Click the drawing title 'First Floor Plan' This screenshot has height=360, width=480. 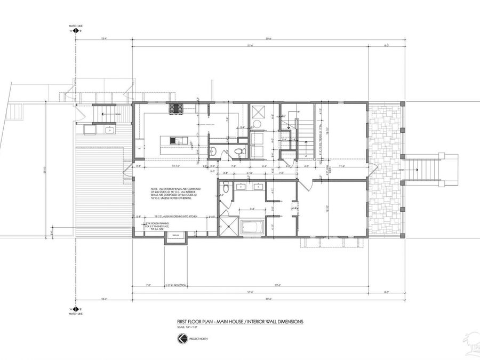[x=239, y=322]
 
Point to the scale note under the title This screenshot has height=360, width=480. [x=187, y=327]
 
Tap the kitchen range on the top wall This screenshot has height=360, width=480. [x=175, y=109]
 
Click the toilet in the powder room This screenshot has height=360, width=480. [x=238, y=152]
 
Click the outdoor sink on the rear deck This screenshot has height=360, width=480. [x=109, y=130]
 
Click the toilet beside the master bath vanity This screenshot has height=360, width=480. [x=227, y=187]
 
